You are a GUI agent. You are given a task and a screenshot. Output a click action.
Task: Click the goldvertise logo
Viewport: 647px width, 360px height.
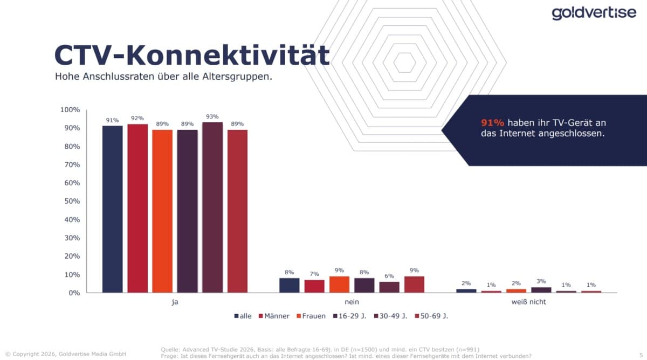pyautogui.click(x=594, y=13)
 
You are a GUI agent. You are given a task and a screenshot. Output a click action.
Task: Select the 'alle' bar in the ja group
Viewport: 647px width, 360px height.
pyautogui.click(x=112, y=209)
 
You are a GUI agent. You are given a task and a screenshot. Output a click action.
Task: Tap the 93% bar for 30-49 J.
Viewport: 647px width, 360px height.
pyautogui.click(x=212, y=207)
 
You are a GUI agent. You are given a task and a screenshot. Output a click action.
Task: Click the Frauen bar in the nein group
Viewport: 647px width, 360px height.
pyautogui.click(x=339, y=285)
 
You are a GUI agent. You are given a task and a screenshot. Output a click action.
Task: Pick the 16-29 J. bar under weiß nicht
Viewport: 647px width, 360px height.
pyautogui.click(x=541, y=290)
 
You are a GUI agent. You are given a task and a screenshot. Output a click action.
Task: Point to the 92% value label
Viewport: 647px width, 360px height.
pyautogui.click(x=137, y=118)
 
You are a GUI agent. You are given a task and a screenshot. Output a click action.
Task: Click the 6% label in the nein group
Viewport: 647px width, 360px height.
pyautogui.click(x=389, y=275)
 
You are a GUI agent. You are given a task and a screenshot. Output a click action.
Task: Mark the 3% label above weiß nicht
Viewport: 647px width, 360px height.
pyautogui.click(x=541, y=281)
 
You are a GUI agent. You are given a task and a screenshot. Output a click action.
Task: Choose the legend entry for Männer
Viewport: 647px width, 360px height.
pyautogui.click(x=275, y=316)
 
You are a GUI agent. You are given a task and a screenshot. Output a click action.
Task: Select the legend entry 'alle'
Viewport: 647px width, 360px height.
pyautogui.click(x=243, y=316)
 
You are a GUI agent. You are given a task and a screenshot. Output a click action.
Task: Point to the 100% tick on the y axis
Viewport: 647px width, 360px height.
pyautogui.click(x=69, y=110)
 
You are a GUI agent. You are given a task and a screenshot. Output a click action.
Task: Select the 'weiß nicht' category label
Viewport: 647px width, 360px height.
pyautogui.click(x=528, y=302)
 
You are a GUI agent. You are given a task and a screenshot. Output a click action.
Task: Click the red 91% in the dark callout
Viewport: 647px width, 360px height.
pyautogui.click(x=492, y=123)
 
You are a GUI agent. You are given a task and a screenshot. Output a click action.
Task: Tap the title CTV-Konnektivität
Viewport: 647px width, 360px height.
pyautogui.click(x=191, y=56)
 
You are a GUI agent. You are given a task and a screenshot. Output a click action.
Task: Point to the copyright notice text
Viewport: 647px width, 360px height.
pyautogui.click(x=66, y=354)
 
